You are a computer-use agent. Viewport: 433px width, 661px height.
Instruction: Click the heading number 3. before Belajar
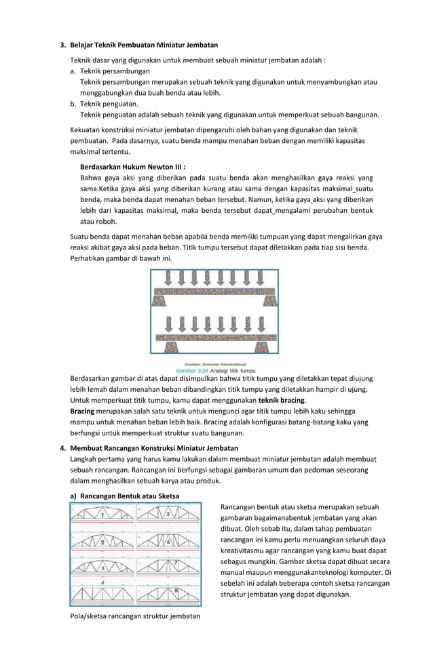[63, 45]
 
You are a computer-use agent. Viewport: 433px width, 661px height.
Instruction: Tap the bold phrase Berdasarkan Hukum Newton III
[132, 165]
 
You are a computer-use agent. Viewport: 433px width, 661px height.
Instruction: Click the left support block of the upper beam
[164, 300]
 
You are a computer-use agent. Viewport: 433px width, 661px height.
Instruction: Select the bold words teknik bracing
[277, 401]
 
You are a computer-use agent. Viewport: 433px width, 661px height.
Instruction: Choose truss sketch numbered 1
[102, 517]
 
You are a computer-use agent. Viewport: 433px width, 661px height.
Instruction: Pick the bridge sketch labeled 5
[167, 517]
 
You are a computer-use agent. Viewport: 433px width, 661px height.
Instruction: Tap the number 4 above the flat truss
[102, 581]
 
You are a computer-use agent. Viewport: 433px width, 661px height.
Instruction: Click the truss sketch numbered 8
[167, 594]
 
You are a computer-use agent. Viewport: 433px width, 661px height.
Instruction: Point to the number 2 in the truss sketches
[102, 542]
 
